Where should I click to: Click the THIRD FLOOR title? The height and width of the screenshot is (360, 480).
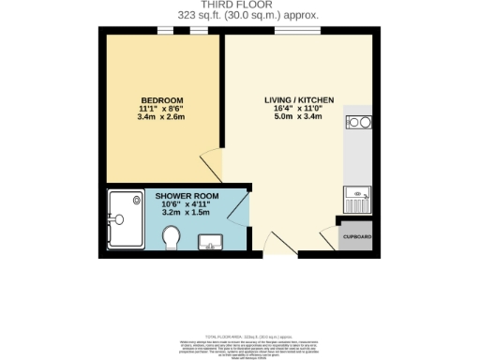coord(239,5)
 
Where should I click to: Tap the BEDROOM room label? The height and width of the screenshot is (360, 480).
coord(161,100)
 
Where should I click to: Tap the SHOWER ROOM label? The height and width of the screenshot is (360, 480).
coord(187,195)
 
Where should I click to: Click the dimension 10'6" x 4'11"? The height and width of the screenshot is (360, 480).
coord(187,204)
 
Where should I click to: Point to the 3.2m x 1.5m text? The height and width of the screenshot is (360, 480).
coord(187,214)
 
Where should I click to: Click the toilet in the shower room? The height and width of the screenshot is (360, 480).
coord(172,242)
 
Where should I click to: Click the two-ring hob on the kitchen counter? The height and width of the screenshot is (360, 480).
coord(358,122)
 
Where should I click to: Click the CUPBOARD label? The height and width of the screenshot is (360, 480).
coord(356,237)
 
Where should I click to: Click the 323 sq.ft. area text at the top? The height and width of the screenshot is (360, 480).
coord(239,15)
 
